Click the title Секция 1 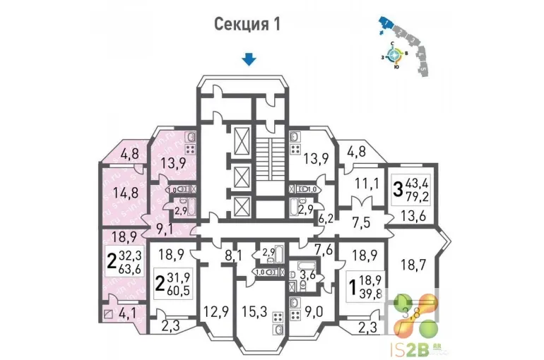click(247, 24)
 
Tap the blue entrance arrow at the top click(249, 59)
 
